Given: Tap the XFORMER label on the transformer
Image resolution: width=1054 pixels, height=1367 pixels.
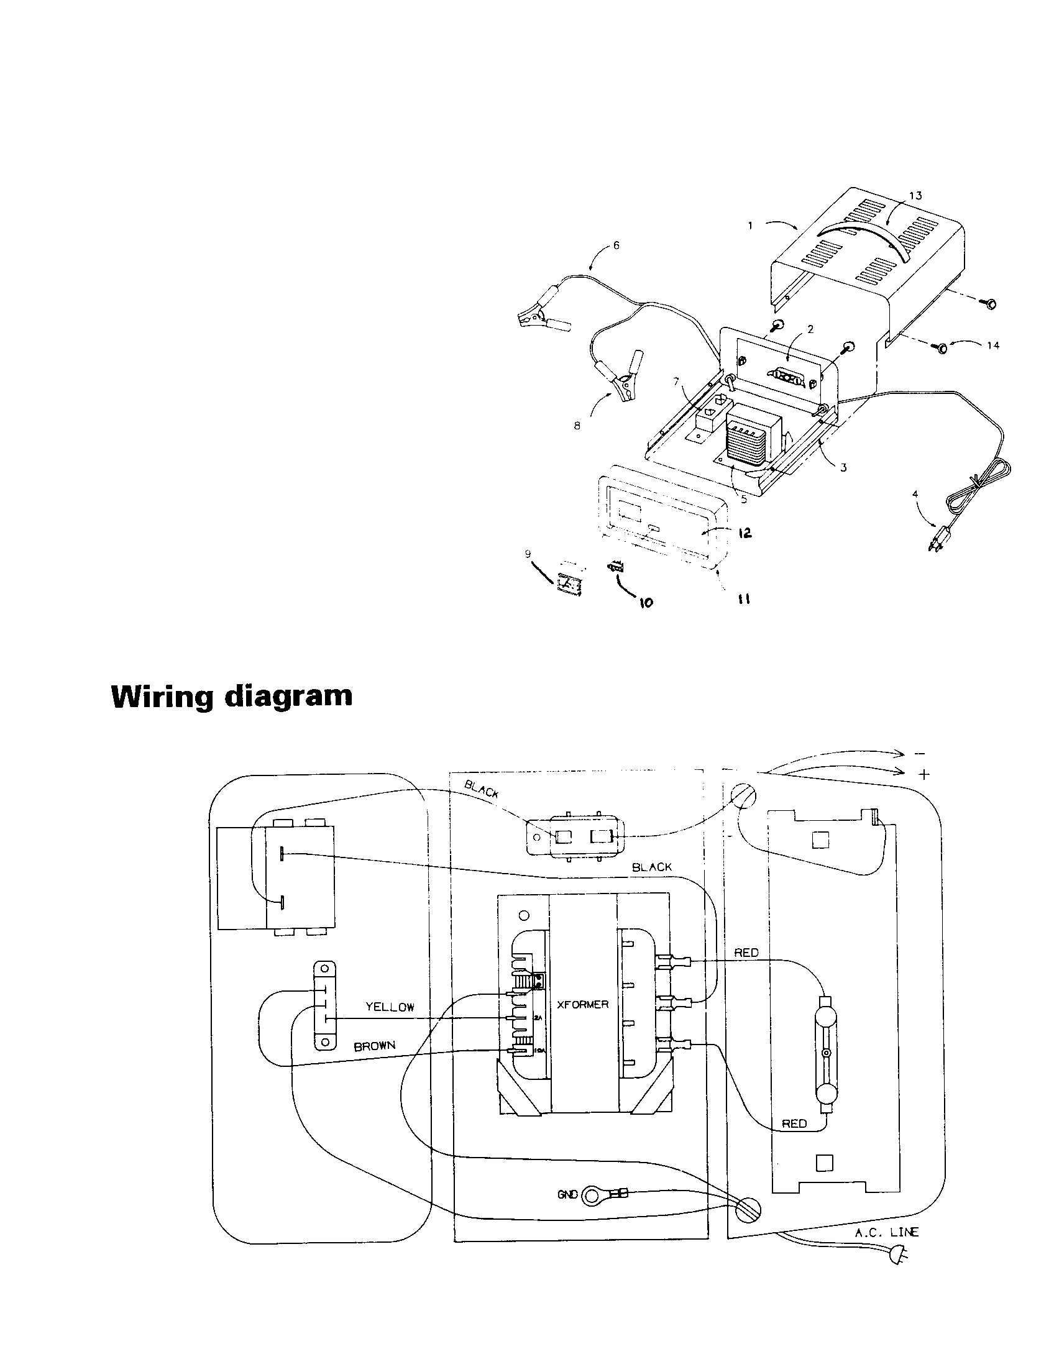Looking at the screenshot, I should tap(582, 1004).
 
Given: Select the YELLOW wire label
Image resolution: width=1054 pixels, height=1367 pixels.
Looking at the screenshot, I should tap(390, 1007).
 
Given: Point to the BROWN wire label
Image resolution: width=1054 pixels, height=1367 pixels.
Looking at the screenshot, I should tap(374, 1046).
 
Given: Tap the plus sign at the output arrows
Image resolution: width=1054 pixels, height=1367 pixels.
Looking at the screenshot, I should tap(924, 775).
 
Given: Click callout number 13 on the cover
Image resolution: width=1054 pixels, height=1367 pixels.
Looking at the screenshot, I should tap(915, 196).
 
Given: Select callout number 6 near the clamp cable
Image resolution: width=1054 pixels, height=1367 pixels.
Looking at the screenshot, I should tap(616, 245).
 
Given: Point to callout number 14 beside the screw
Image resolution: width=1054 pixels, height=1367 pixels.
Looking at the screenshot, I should tap(992, 345).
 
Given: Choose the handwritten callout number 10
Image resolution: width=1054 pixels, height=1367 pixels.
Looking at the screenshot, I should tap(645, 602).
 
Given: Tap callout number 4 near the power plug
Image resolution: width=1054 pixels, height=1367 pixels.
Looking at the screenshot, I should tap(915, 494).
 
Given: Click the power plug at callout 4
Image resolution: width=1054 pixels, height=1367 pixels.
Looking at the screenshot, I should tap(937, 539).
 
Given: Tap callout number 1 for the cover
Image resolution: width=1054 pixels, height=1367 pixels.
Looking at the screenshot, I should tap(750, 226).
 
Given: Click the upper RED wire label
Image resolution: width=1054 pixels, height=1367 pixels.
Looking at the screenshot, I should tap(746, 953).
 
